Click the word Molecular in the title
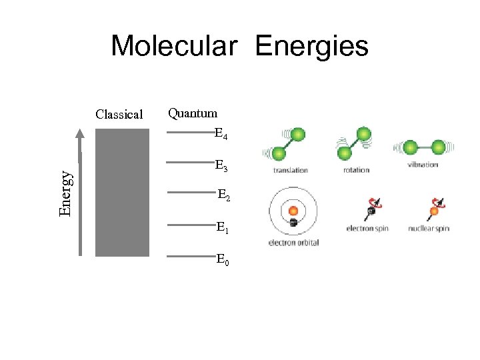click(173, 47)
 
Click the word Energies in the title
click(311, 47)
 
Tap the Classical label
click(119, 114)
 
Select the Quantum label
click(192, 113)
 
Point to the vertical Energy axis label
click(65, 193)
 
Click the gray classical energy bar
click(122, 193)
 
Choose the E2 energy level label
click(224, 195)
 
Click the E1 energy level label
click(223, 227)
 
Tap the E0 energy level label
click(223, 259)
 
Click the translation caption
click(291, 170)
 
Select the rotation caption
click(356, 170)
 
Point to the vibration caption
click(422, 165)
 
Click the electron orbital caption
click(293, 243)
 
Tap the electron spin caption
click(367, 229)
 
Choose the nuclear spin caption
click(429, 229)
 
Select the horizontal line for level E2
click(189, 193)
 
